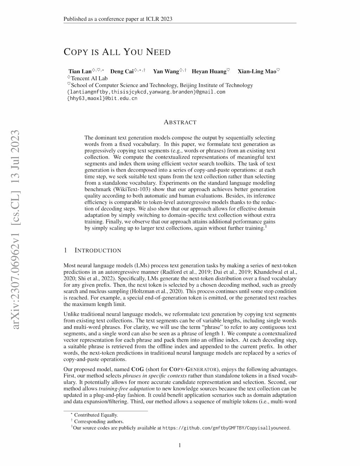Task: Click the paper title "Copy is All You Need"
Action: [117, 52]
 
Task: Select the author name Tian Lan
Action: [80, 71]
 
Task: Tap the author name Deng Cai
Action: [122, 71]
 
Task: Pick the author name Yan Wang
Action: [166, 71]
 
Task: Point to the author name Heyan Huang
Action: [209, 71]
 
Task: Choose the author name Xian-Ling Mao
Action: [257, 71]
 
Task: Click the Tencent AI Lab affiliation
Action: [89, 78]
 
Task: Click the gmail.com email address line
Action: [146, 92]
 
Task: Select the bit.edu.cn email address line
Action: [102, 98]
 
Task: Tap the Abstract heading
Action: [180, 122]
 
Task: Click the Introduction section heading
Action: [98, 250]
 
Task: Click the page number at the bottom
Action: [180, 445]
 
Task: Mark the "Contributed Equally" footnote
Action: [96, 415]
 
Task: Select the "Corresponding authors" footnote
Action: [99, 421]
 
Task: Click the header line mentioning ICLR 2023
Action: [118, 19]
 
